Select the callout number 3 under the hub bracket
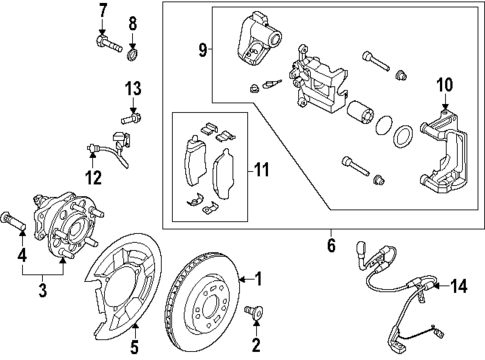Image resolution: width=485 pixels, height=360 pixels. coord(43,290)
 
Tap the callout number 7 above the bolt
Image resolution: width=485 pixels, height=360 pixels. coord(102,12)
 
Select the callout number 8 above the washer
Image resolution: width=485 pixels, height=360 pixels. coord(134,22)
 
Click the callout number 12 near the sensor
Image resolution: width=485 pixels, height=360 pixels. coord(93,179)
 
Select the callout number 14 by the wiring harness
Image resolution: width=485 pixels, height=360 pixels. coord(459,287)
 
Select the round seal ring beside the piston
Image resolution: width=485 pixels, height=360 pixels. coord(402,137)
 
